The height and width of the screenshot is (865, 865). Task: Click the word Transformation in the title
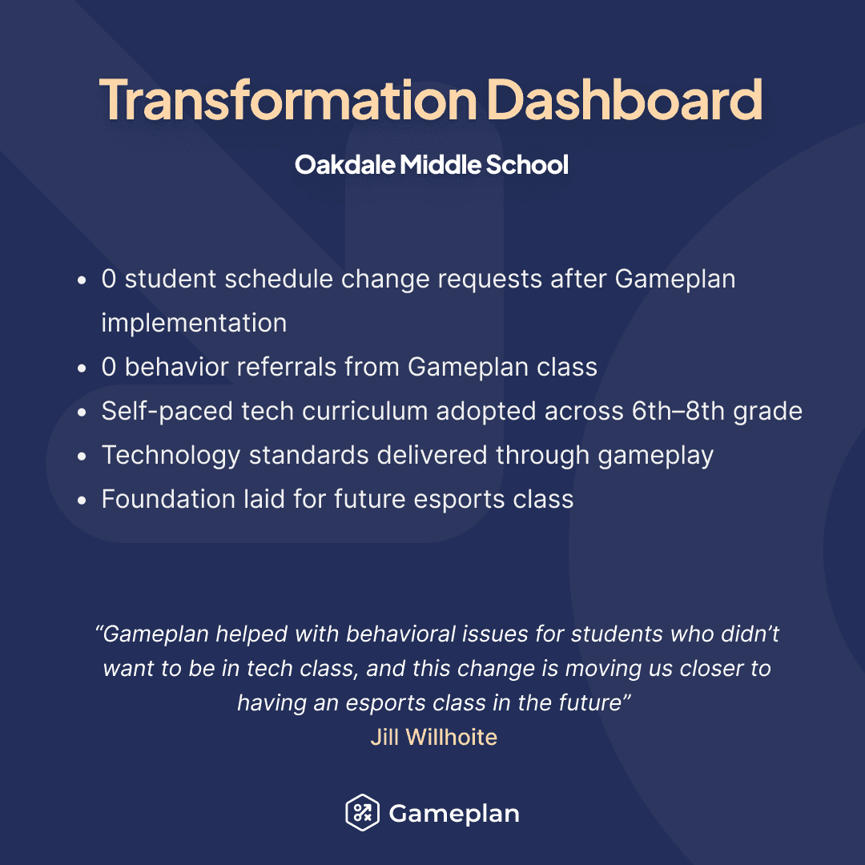[288, 99]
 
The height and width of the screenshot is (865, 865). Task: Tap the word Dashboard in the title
[624, 99]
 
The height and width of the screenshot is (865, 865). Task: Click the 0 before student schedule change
[109, 280]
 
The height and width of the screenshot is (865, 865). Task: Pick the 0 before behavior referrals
[109, 368]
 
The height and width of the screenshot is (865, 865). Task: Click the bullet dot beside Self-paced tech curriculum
[82, 412]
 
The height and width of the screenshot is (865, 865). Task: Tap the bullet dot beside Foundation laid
[82, 501]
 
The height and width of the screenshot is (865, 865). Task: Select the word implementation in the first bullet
[194, 324]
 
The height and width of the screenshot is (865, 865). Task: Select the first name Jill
[384, 737]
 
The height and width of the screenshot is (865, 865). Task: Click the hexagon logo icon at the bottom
[361, 814]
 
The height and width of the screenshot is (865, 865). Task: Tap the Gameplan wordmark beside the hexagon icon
[454, 814]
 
